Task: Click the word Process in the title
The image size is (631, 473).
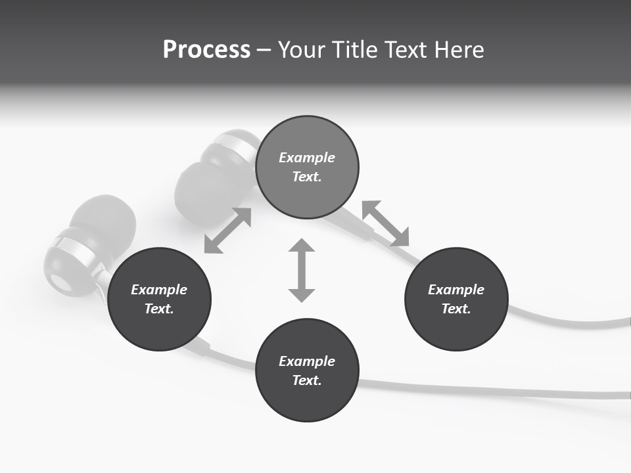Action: coord(206,50)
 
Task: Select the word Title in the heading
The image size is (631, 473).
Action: coord(356,50)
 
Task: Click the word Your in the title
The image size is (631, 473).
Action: coord(303,50)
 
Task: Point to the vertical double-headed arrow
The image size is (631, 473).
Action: coord(302,270)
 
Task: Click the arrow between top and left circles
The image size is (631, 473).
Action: coord(227,231)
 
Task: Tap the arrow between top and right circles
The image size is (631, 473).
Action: coord(386,223)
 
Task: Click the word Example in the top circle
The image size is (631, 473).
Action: coord(307,158)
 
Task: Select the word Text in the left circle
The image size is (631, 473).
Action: coord(159,309)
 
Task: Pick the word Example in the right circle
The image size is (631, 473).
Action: coord(456,290)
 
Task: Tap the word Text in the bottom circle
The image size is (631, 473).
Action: coord(307,380)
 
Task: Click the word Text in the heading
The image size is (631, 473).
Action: coord(408,50)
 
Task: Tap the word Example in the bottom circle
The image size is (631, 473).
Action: coord(307,361)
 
